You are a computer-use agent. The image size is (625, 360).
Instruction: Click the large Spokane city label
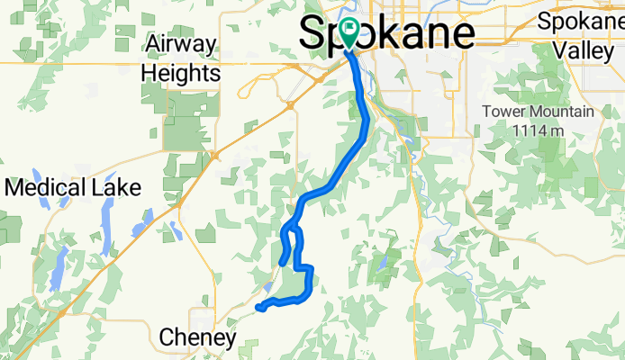coord(387,33)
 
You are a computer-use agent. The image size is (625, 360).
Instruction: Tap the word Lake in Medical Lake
coord(119,188)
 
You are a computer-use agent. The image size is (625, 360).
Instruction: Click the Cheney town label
coord(197,337)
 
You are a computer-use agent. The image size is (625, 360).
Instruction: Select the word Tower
coord(503,112)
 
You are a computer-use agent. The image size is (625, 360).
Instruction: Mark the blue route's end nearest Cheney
coord(259,308)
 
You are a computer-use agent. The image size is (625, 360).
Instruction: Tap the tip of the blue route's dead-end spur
coord(282,263)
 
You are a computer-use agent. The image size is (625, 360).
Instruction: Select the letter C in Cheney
coord(167,337)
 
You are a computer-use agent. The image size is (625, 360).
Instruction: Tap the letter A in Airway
coord(153,43)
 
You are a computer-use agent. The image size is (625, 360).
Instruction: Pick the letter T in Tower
coord(486,112)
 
